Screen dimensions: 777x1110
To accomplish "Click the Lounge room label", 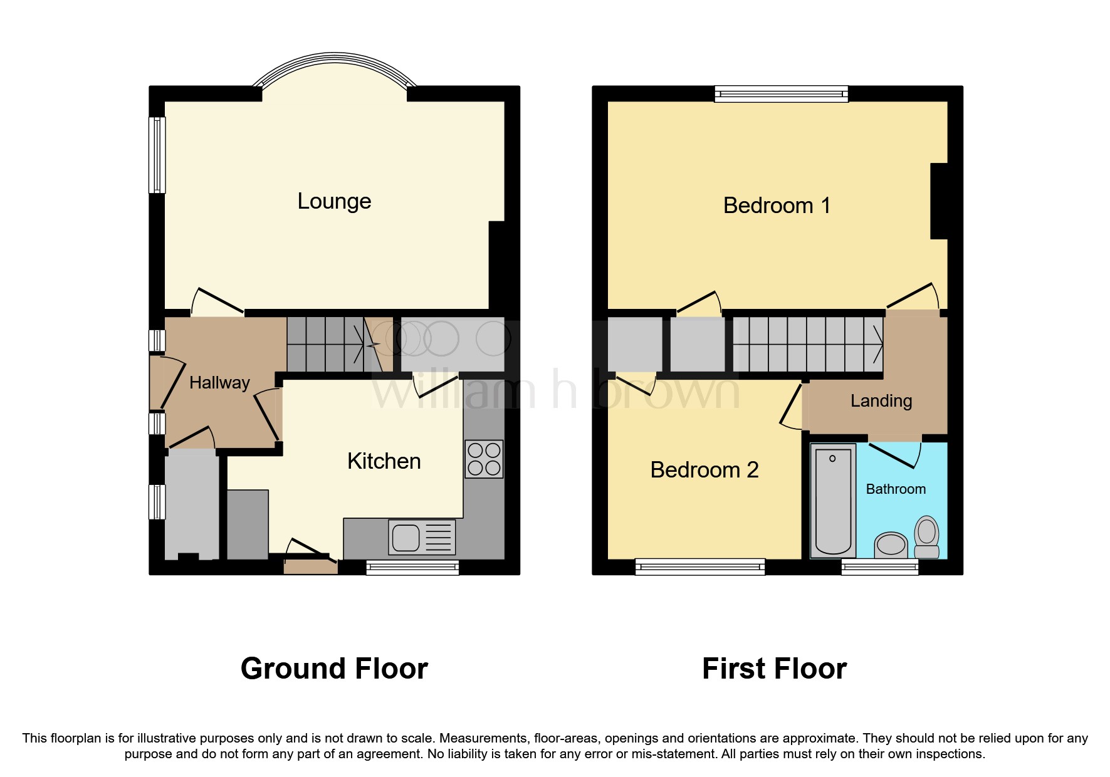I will pyautogui.click(x=334, y=201).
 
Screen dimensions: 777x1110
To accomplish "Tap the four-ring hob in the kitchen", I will pyautogui.click(x=483, y=459).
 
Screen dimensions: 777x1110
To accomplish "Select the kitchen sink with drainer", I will pyautogui.click(x=421, y=538).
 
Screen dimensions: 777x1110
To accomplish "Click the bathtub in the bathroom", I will pyautogui.click(x=833, y=501).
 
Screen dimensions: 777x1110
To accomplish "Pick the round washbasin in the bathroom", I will pyautogui.click(x=891, y=545).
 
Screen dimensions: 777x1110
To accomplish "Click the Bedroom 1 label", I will pyautogui.click(x=777, y=206).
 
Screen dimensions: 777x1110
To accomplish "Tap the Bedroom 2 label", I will pyautogui.click(x=704, y=470).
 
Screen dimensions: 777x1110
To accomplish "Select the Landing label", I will pyautogui.click(x=881, y=401).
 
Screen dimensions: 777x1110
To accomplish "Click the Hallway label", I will pyautogui.click(x=219, y=383).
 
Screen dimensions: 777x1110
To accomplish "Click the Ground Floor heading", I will pyautogui.click(x=334, y=669).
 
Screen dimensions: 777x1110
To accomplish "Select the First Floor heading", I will pyautogui.click(x=774, y=669).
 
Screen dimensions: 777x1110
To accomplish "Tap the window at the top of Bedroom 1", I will pyautogui.click(x=781, y=95).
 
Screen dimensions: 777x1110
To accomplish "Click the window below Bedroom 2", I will pyautogui.click(x=699, y=568).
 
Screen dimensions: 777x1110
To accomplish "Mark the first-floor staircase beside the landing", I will pyautogui.click(x=808, y=344).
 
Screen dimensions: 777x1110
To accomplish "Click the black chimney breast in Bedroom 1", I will pyautogui.click(x=938, y=201).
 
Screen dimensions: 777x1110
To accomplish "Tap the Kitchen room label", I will pyautogui.click(x=384, y=461).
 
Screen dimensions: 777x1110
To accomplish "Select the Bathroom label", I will pyautogui.click(x=895, y=489).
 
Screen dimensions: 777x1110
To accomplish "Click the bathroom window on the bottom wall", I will pyautogui.click(x=879, y=568).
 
